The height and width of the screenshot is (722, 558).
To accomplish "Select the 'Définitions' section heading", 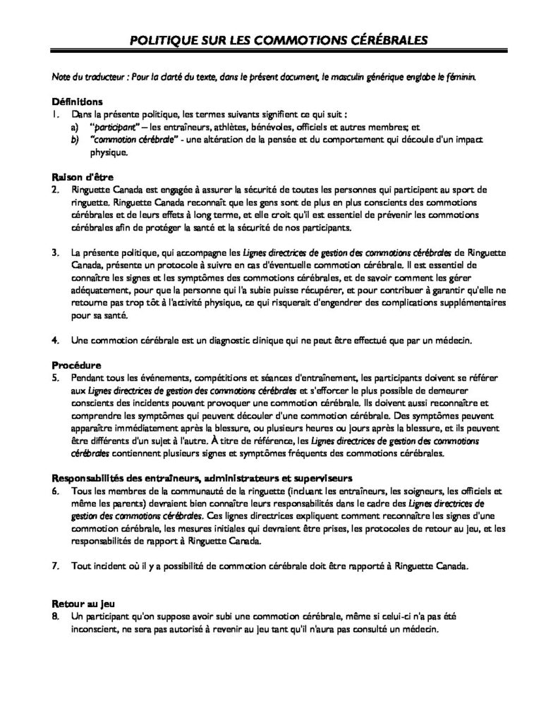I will pos(78,102).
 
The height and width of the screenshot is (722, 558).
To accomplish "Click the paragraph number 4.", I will pos(55,341).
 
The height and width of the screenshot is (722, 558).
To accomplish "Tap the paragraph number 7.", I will pos(55,566).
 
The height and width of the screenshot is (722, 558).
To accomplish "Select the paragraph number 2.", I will pos(55,190).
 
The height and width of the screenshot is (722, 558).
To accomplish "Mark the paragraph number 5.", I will pos(55,379).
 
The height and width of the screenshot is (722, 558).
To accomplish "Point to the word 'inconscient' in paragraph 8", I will pos(95,628).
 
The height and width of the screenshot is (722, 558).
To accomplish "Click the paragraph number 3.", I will pos(55,252).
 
